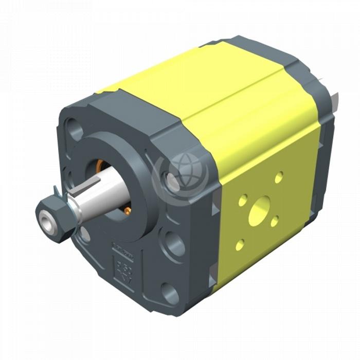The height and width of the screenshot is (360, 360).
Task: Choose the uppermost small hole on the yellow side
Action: pyautogui.click(x=279, y=177)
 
